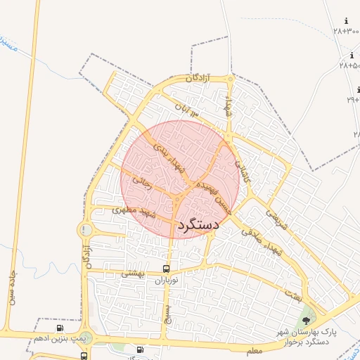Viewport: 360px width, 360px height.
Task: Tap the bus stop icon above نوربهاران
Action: pos(166,269)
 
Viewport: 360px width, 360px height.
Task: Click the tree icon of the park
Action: pos(306,321)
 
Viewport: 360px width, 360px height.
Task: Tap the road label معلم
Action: pos(255,349)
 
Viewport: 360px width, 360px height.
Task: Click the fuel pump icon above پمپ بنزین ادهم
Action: pos(60,328)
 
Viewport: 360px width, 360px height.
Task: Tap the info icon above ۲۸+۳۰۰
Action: pos(346,21)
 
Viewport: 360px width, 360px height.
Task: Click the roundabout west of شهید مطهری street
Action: pos(86,229)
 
